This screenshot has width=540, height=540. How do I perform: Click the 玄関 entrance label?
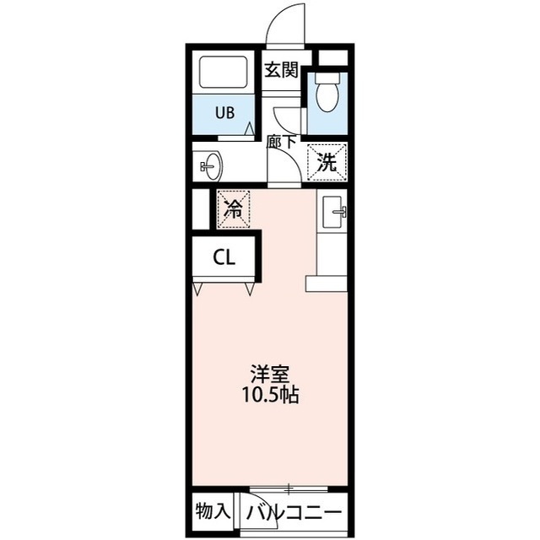(x=281, y=71)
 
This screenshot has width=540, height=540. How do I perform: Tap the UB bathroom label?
(x=225, y=112)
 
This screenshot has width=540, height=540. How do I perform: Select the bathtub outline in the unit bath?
(x=224, y=72)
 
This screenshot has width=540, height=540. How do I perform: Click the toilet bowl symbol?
(x=327, y=93)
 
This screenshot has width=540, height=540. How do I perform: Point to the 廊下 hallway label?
(x=282, y=142)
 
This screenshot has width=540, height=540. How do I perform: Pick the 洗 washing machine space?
(x=327, y=162)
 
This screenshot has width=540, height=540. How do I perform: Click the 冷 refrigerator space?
(x=233, y=209)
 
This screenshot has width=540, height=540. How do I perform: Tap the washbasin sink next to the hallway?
(x=211, y=167)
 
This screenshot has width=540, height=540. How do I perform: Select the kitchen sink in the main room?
(x=333, y=212)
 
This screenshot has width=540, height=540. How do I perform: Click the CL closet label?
(x=224, y=256)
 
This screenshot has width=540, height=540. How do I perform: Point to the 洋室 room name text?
(x=270, y=374)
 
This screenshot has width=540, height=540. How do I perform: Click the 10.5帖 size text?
(x=270, y=395)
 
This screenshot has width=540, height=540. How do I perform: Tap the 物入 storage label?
(x=212, y=511)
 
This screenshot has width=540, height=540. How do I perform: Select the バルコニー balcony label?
(x=294, y=514)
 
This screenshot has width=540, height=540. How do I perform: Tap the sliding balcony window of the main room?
(x=289, y=488)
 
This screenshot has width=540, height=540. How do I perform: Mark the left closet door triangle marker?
(x=197, y=289)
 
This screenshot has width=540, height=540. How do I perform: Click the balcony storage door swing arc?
(x=269, y=507)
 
